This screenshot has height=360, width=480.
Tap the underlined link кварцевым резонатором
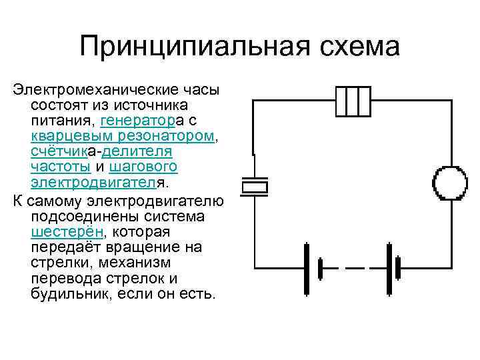point(123,135)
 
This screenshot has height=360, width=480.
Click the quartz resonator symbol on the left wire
point(253,186)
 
